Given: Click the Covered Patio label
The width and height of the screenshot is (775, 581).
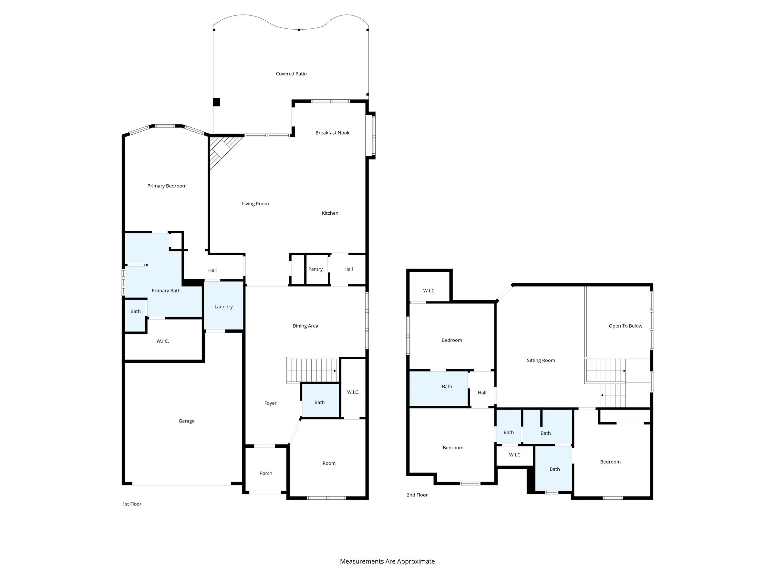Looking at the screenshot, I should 291,74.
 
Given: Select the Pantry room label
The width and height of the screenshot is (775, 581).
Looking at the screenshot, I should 315,269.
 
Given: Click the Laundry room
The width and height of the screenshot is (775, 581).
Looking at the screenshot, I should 223,306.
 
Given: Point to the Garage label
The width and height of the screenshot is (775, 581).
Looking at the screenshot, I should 186,421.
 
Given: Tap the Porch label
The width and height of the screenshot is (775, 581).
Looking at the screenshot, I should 265,473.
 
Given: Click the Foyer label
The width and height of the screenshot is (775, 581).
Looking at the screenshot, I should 270,403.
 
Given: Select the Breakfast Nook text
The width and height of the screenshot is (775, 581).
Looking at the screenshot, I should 332,133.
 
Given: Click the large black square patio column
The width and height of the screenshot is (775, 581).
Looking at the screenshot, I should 217,102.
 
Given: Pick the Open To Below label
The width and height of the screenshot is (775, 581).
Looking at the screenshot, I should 625,326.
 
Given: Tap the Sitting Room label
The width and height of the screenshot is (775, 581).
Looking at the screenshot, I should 541,360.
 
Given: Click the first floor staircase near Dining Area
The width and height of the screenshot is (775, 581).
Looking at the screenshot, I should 312,370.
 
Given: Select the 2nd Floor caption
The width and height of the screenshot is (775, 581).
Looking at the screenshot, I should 417,495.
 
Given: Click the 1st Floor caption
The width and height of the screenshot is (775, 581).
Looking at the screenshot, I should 132,504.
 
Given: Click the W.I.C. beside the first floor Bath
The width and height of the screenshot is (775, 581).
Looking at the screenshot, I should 353,392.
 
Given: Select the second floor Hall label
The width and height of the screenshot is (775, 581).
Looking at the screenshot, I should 482,392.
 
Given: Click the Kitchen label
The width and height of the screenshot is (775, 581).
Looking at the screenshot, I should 330,213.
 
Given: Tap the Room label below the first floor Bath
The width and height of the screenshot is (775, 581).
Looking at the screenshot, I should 329,463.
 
